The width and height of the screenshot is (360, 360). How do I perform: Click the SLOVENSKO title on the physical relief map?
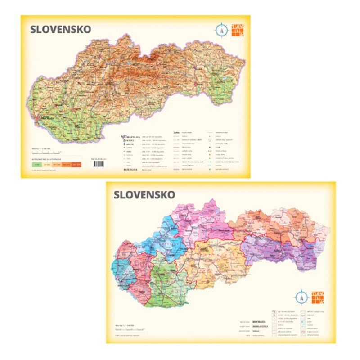pos(60,30)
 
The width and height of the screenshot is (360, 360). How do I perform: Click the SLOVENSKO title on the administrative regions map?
pos(144,195)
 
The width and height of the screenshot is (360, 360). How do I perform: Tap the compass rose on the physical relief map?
pos(220,31)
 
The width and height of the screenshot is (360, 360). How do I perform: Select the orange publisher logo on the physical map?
pos(236,30)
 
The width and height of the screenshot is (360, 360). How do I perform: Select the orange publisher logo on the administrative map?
pos(317,297)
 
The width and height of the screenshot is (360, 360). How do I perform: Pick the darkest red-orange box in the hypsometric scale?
pos(75,165)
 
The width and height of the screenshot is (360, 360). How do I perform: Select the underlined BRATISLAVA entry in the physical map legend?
pos(130,171)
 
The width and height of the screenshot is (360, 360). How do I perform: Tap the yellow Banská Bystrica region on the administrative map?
pos(220,261)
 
